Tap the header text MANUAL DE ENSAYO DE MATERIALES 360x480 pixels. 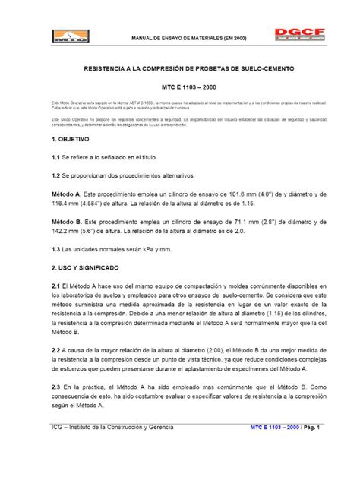178,37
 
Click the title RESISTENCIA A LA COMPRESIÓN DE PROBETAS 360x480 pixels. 180,68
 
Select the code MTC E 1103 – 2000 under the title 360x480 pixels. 180,88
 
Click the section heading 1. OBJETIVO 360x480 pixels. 71,141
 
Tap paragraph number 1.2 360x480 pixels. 55,175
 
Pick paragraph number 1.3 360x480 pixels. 55,250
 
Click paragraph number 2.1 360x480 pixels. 55,286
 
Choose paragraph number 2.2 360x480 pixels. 55,349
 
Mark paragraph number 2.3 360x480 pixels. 55,386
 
